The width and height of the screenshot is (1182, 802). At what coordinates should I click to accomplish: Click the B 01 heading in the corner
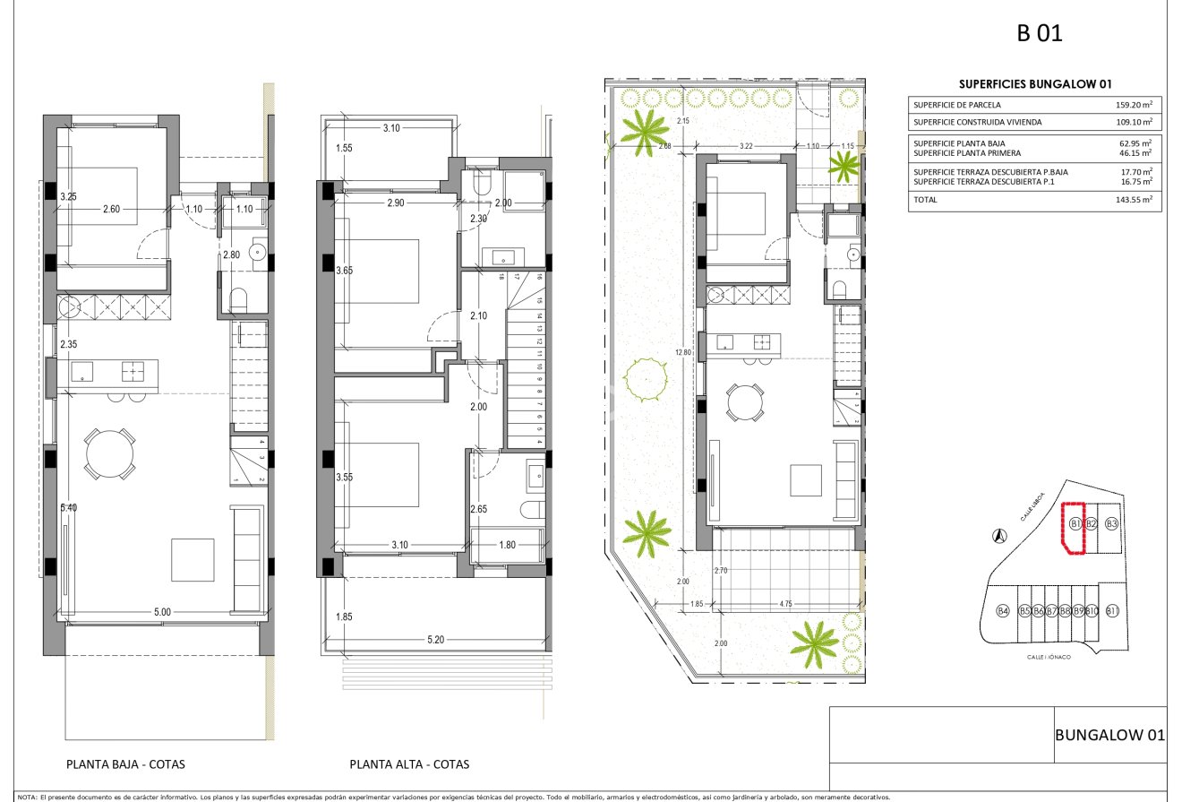(1039, 35)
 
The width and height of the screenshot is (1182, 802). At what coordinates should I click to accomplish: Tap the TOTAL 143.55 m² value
(1133, 200)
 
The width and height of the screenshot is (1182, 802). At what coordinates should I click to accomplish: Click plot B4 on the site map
(1003, 611)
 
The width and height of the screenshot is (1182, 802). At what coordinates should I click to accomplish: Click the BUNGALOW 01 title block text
(1110, 736)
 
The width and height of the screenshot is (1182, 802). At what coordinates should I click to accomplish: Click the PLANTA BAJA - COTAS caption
(126, 765)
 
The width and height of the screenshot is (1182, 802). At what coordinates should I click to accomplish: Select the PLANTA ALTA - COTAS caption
(409, 765)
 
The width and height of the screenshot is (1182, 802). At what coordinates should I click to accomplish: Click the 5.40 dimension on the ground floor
(69, 508)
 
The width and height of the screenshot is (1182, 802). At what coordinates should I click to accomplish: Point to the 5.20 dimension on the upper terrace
(436, 640)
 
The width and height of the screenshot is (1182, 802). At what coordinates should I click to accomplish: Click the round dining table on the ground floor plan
(110, 454)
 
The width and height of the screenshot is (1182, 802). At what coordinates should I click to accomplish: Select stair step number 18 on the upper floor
(501, 277)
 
